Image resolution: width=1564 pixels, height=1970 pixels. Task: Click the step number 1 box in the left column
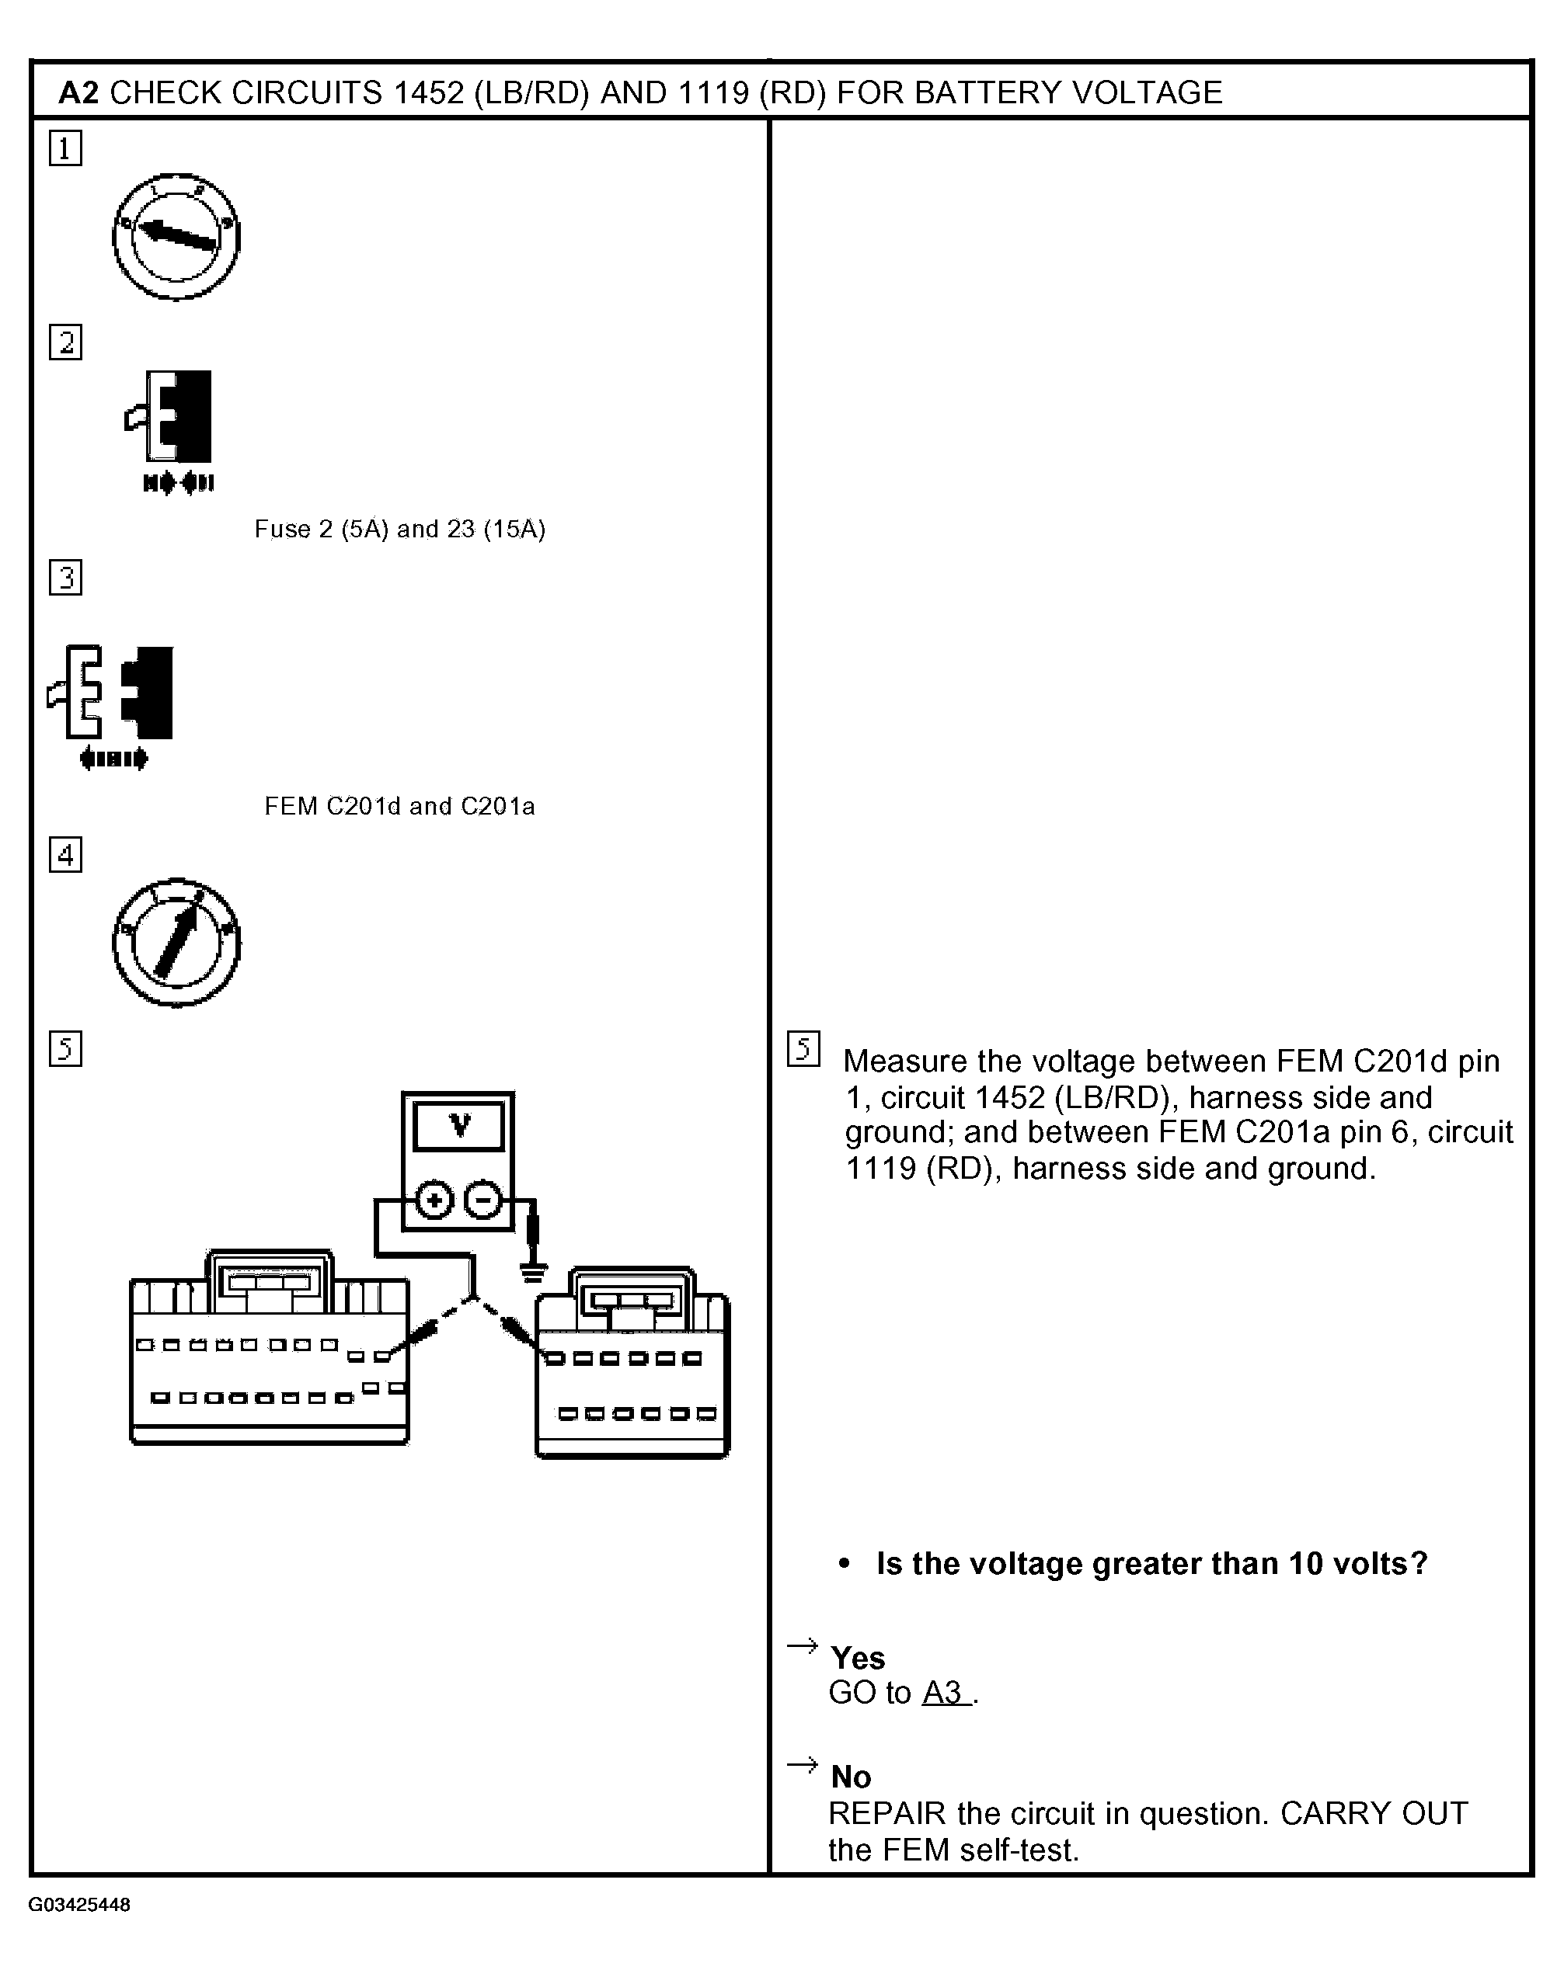coord(65,148)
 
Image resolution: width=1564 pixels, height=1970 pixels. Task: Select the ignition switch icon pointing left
coord(176,236)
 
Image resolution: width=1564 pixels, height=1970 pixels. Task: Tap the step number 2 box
coord(65,342)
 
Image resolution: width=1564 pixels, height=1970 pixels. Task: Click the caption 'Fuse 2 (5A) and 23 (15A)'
coord(399,529)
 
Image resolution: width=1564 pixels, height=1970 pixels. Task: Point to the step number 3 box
coord(65,578)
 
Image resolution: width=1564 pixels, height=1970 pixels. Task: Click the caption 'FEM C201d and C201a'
coord(399,806)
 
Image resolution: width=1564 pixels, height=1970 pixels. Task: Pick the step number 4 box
coord(65,854)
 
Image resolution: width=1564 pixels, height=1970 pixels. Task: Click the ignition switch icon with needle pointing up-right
coord(176,943)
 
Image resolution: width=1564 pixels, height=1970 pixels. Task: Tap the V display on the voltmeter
coord(458,1126)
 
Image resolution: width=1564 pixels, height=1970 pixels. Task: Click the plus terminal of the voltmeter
coord(434,1200)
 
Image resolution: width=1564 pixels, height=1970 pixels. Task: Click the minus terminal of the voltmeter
coord(483,1200)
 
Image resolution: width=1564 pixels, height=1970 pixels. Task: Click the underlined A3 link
coord(944,1693)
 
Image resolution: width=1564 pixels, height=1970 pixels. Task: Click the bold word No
coord(850,1777)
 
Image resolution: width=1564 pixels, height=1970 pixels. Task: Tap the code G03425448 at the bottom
coord(79,1905)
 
